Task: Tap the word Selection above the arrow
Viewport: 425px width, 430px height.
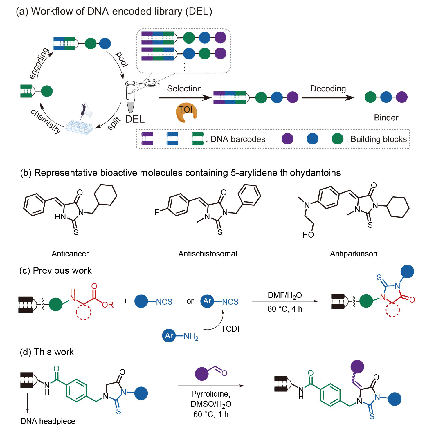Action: coord(184,88)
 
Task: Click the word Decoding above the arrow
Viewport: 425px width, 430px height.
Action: coord(328,88)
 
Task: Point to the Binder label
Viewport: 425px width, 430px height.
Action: coord(386,118)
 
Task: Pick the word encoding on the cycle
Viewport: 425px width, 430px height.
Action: coord(39,63)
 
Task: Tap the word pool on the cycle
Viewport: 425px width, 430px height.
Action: coord(122,59)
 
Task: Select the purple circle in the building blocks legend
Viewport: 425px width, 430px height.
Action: coord(287,139)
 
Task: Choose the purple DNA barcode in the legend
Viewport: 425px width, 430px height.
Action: coord(147,139)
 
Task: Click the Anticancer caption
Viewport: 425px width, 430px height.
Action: coord(70,254)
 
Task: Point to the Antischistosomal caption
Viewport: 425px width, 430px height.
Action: coord(208,254)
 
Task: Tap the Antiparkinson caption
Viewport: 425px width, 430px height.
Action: coord(354,254)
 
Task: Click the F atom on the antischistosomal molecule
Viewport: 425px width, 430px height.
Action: coord(157,213)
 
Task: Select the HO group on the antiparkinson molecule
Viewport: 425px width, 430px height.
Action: coord(308,235)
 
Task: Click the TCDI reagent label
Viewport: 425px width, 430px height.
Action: coord(230,329)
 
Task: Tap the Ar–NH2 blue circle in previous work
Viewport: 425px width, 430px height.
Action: coord(169,336)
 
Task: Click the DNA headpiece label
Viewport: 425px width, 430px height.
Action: coord(48,421)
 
